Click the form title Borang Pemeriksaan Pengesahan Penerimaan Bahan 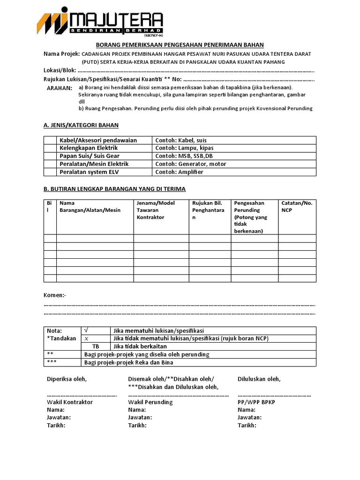coord(180,45)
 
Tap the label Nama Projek coord(61,54)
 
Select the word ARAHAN coord(60,88)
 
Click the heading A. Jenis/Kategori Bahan coord(81,125)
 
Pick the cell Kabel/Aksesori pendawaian coord(97,140)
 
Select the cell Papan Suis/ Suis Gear coord(89,156)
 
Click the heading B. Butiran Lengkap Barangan coord(114,189)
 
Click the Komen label coord(55,295)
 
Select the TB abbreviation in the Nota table coord(96,346)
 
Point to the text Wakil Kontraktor coord(70,402)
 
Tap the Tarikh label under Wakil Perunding coord(137,425)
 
